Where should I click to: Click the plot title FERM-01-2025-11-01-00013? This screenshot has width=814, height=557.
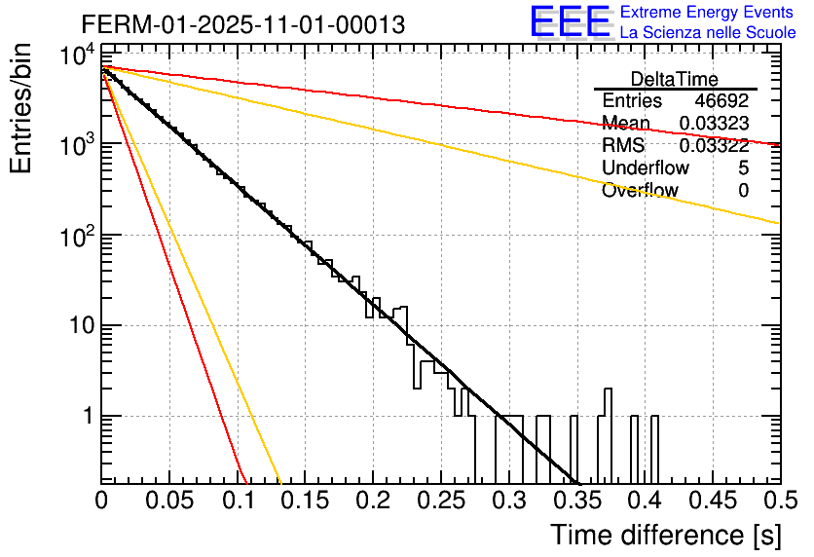point(242,24)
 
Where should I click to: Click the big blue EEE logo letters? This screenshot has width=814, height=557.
point(570,21)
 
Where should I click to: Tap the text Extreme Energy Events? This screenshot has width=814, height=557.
point(708,12)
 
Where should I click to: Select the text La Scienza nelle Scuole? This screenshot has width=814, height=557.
point(708,32)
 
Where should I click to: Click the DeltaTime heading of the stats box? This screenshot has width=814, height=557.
point(675,79)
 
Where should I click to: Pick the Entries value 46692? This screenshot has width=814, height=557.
point(721,101)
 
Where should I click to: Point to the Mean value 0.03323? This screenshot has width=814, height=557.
point(714,124)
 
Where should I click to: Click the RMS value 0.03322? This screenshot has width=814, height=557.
point(714,146)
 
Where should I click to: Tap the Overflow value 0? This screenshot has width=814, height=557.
point(743,191)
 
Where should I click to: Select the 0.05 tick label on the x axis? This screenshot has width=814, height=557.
point(169,501)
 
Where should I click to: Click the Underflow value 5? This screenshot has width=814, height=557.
point(743,168)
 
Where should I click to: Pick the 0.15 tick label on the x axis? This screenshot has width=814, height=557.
point(305,501)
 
